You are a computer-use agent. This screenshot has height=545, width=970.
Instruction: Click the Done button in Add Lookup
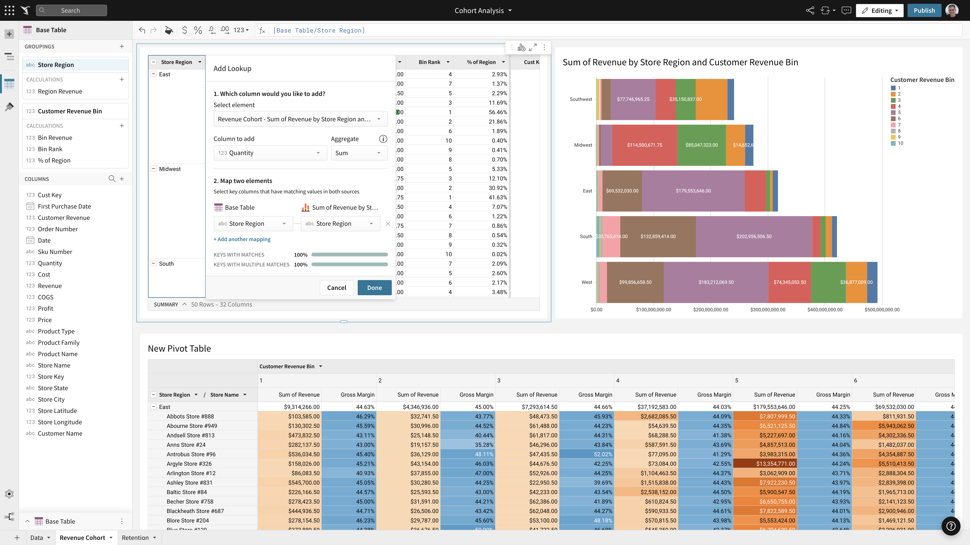pos(374,288)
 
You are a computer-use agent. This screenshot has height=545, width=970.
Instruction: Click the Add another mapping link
pos(242,239)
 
